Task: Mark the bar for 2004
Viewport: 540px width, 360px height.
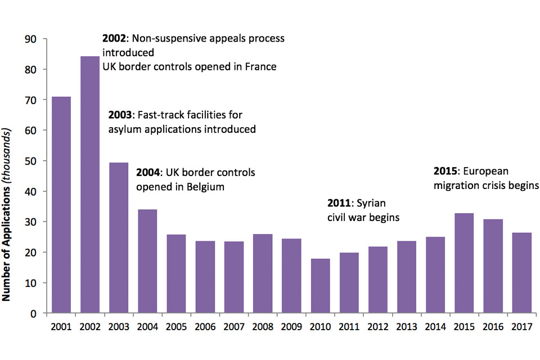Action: pos(147,261)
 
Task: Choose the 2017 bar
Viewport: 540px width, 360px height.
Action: pos(521,273)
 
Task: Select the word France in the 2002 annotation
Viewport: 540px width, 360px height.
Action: pos(260,67)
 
